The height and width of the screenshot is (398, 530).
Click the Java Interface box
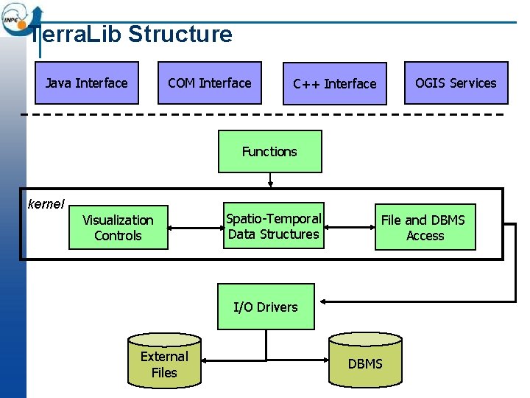click(x=86, y=83)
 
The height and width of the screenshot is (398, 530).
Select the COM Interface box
click(x=210, y=83)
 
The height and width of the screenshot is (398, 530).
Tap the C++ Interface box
click(x=334, y=83)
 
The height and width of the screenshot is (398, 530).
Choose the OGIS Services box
click(x=456, y=83)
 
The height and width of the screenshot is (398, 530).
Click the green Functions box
click(x=269, y=151)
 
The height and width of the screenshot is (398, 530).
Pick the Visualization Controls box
click(x=118, y=228)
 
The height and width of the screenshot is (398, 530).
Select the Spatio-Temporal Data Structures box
click(x=273, y=226)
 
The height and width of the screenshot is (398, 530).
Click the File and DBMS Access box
click(x=425, y=228)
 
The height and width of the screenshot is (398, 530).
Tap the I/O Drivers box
click(x=265, y=307)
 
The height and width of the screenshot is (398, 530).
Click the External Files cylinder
click(x=163, y=363)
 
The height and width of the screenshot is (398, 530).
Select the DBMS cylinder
click(x=365, y=363)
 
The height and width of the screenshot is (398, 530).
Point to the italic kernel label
click(x=46, y=203)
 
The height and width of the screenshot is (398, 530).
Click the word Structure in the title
click(x=180, y=34)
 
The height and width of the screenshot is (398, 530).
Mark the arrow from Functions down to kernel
click(x=271, y=180)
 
